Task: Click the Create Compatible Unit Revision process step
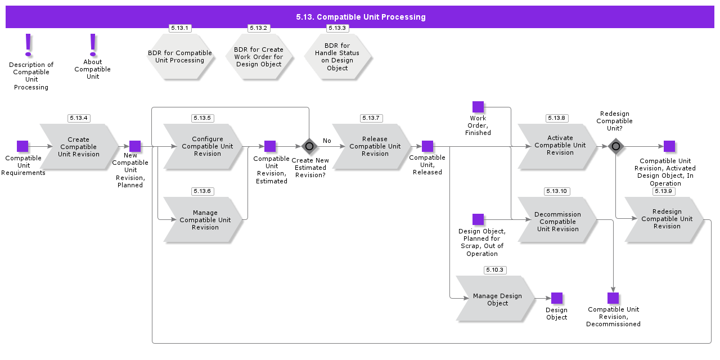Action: tap(79, 147)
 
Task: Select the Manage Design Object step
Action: tap(495, 299)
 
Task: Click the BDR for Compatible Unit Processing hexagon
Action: tap(180, 57)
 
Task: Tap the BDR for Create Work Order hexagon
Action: tap(259, 57)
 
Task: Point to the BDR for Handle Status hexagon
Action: tap(337, 57)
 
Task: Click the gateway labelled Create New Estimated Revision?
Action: tap(309, 146)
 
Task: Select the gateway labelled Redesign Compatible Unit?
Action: tap(616, 146)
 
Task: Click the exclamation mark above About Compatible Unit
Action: tap(93, 44)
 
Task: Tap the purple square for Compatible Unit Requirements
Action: tap(22, 146)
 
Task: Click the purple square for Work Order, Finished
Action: tap(478, 107)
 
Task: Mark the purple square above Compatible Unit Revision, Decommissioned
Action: tap(613, 298)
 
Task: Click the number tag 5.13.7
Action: tap(371, 118)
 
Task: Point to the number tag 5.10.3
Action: tap(495, 270)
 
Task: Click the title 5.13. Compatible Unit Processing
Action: tap(360, 17)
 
